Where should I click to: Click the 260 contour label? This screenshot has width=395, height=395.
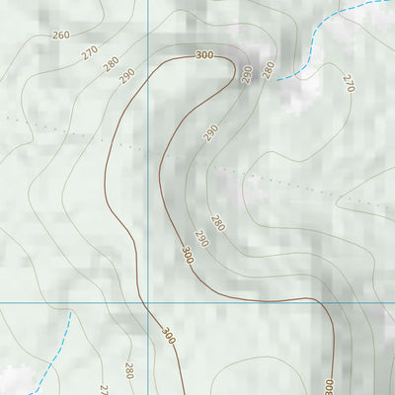pyautogui.click(x=60, y=36)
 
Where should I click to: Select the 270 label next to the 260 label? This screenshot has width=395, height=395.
pyautogui.click(x=90, y=52)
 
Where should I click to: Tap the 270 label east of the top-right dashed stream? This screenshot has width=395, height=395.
pyautogui.click(x=348, y=83)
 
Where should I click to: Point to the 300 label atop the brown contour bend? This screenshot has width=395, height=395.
pyautogui.click(x=204, y=55)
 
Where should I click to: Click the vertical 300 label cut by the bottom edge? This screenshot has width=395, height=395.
pyautogui.click(x=329, y=384)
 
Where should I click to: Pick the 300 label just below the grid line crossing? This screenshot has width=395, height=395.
pyautogui.click(x=167, y=334)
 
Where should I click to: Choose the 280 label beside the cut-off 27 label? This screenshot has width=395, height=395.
pyautogui.click(x=128, y=370)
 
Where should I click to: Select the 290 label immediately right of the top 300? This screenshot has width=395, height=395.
pyautogui.click(x=247, y=75)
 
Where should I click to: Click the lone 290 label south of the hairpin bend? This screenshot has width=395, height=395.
pyautogui.click(x=210, y=132)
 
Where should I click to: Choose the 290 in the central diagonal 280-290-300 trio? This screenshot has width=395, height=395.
pyautogui.click(x=201, y=238)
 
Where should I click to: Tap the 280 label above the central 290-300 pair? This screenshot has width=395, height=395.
pyautogui.click(x=217, y=223)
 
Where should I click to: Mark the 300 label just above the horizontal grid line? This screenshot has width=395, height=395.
pyautogui.click(x=187, y=255)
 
